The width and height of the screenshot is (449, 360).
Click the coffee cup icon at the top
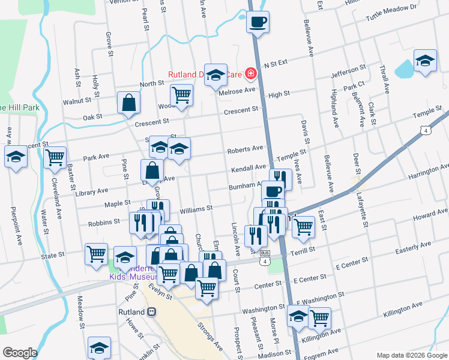[258, 22]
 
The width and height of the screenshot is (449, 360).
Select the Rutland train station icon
[152, 312]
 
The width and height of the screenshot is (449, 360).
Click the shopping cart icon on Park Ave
[55, 157]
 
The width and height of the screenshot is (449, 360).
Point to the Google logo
[20, 353]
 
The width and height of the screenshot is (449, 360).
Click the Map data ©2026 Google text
[411, 355]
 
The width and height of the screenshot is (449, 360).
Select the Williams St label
[196, 209]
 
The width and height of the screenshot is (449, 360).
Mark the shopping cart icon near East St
[304, 226]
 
